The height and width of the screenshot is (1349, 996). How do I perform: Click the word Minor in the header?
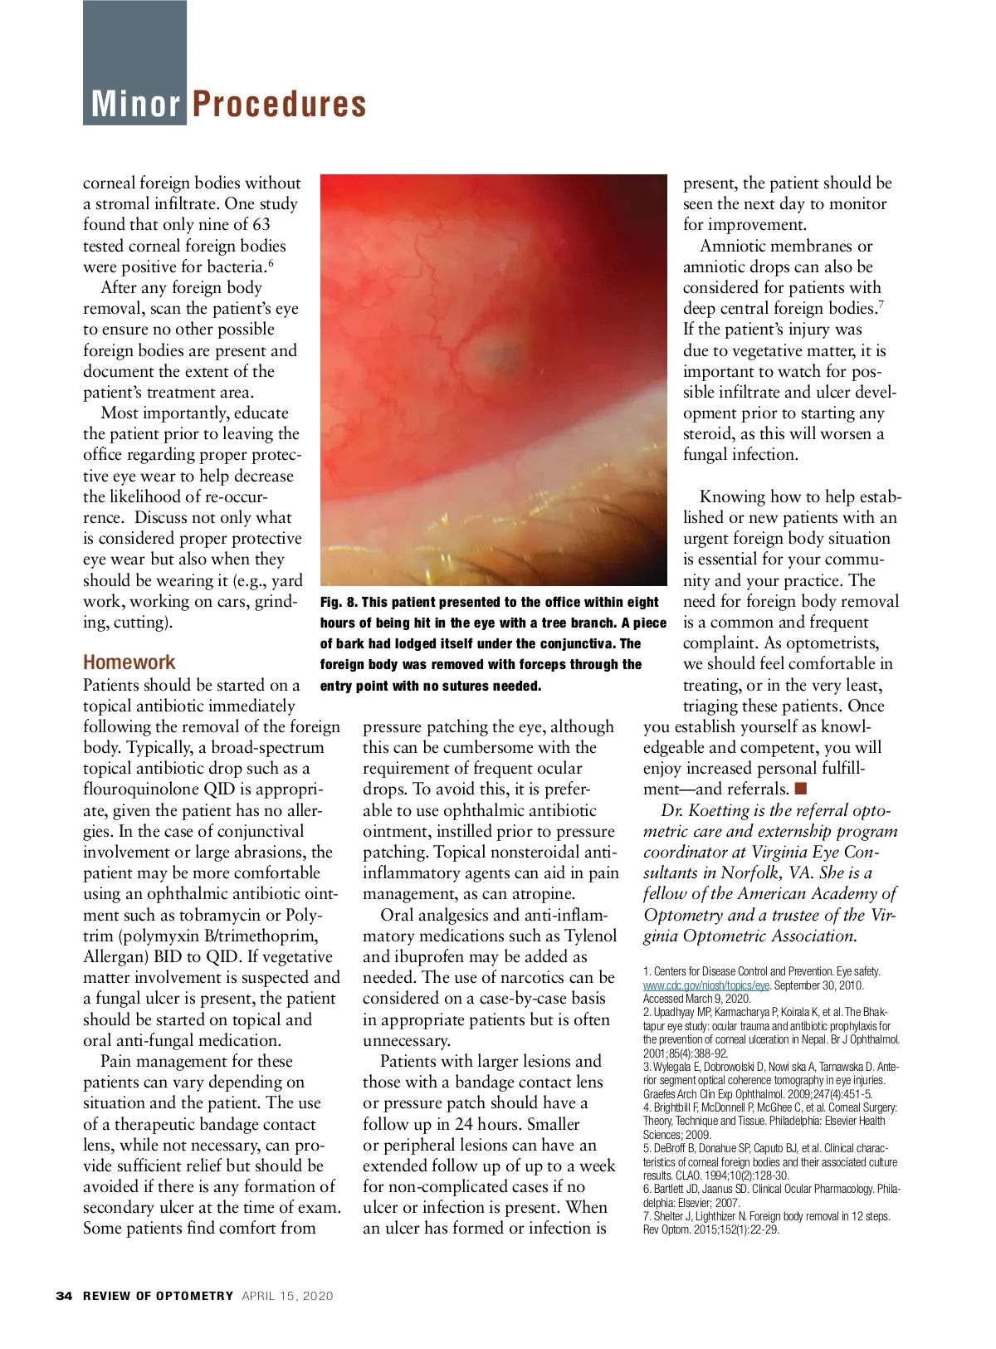(x=135, y=105)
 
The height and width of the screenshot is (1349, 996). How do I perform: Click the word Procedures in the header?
(x=279, y=105)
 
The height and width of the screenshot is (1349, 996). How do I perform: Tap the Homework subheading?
(x=129, y=662)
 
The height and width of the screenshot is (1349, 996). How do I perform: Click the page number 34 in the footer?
(x=64, y=1296)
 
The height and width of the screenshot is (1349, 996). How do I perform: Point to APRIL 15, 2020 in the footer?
(x=287, y=1296)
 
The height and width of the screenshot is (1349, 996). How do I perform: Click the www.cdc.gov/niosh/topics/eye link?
(x=706, y=985)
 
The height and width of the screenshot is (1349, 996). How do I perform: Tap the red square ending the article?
(x=800, y=788)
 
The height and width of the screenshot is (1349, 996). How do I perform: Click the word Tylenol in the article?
(x=590, y=936)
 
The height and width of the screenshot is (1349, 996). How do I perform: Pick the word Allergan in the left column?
(x=116, y=956)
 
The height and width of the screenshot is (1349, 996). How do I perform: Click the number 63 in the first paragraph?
(x=261, y=225)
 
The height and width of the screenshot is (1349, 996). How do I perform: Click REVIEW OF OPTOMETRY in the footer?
(x=158, y=1296)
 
